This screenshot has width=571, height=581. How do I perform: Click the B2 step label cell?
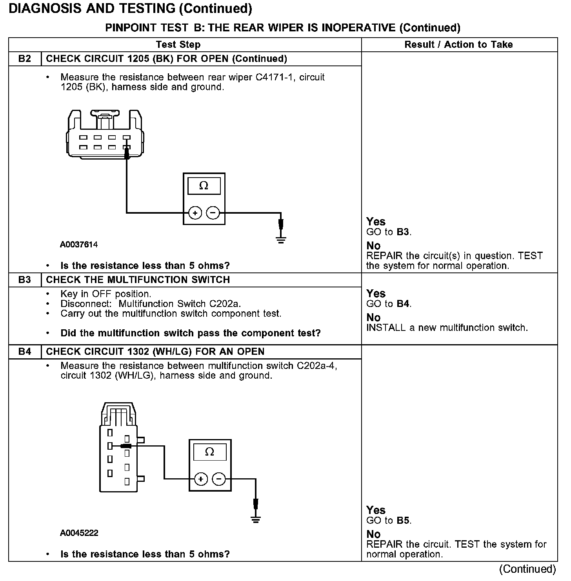25,59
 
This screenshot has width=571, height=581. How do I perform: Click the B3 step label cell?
25,280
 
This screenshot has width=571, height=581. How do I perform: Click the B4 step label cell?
25,352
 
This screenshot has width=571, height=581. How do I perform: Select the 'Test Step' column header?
178,45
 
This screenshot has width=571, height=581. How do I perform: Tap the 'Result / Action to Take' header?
458,45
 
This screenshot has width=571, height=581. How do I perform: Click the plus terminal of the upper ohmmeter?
195,213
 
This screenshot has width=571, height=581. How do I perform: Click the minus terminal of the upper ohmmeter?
213,213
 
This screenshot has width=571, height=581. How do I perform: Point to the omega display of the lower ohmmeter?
210,452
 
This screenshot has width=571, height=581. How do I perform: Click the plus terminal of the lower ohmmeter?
201,479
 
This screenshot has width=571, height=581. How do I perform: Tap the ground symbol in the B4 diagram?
256,519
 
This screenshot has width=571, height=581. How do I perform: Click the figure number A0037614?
79,245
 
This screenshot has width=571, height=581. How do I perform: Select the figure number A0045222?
79,533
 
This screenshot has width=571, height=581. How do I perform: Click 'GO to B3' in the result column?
389,232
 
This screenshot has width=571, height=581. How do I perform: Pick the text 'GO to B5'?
389,521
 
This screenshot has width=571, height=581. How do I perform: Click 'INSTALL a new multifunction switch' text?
447,328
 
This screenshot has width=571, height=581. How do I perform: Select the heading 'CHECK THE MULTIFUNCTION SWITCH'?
138,280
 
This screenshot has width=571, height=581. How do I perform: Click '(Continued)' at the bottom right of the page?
527,569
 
